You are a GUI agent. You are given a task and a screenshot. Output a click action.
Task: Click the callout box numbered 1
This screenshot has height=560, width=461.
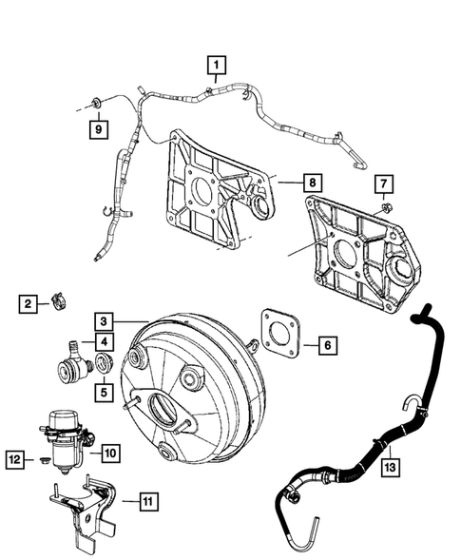coord(218,65)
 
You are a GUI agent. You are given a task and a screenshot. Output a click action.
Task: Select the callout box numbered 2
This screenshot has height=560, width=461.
coord(29,303)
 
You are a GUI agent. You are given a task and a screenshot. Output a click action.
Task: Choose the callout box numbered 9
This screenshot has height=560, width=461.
coord(97,126)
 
